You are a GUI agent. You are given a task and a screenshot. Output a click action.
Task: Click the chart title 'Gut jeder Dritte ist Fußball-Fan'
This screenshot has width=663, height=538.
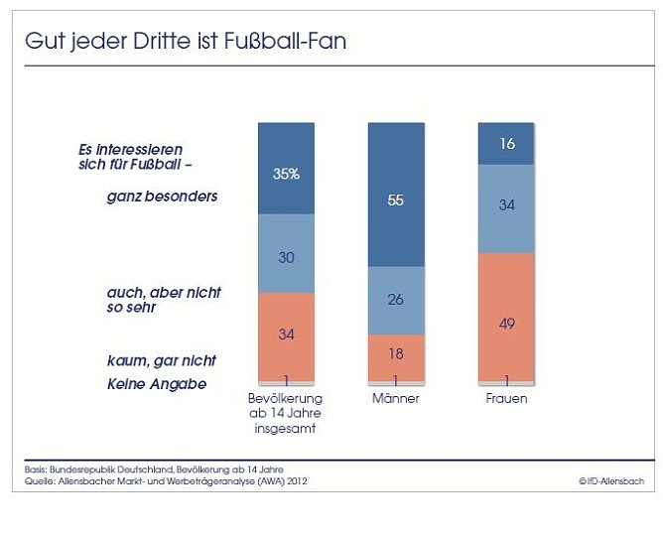click(x=186, y=43)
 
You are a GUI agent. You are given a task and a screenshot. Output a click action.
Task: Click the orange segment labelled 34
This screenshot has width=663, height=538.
click(x=286, y=336)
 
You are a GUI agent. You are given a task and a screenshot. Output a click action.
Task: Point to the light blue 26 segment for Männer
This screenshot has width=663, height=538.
click(x=396, y=300)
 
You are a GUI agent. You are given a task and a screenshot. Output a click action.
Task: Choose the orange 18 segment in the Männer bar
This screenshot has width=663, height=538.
click(x=396, y=354)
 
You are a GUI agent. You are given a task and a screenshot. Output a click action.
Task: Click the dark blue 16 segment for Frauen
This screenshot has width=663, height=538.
click(x=506, y=144)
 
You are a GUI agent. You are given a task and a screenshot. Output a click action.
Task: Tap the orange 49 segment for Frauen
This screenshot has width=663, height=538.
click(x=506, y=316)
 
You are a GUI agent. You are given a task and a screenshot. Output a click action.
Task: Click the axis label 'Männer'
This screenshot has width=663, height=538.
click(x=396, y=399)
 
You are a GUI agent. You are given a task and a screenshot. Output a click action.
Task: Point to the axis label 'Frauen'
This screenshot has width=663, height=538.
click(x=506, y=399)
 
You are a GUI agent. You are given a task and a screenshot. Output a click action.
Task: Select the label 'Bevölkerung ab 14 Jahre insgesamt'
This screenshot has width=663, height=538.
click(x=286, y=413)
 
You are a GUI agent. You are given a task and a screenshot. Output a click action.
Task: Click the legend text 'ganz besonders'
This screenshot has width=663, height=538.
click(x=162, y=197)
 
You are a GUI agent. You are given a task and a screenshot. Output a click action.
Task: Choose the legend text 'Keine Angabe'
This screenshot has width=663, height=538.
click(x=157, y=384)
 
